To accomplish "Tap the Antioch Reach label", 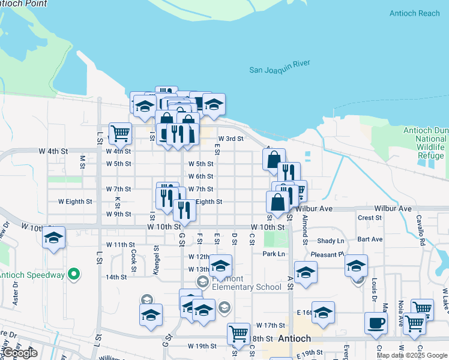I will pos(414,13).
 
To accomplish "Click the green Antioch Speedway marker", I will pos(74,275).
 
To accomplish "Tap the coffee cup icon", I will pos(376,322).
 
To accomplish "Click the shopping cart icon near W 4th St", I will pos(120,133).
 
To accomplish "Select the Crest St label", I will pos(369,217).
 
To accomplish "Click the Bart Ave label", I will pos(369,239).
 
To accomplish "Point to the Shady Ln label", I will pos(331,241).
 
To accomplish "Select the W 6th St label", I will pos(200,176).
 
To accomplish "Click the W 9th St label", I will pos(118,214).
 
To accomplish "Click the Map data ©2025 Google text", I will pos(412,355).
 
